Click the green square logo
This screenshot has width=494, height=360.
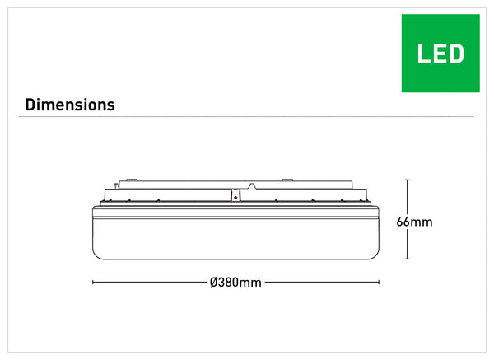[x=440, y=53]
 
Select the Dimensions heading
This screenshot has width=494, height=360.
[x=70, y=105]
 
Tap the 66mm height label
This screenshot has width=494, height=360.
[x=413, y=222]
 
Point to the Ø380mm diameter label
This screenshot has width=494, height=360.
[x=235, y=283]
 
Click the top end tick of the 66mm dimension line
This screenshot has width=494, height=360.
[x=408, y=180]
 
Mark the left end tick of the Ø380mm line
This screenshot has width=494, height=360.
[x=92, y=283]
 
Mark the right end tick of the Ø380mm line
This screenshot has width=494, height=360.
[x=379, y=283]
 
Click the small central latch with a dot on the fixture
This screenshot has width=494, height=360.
[x=235, y=196]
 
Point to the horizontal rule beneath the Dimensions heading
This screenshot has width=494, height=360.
[x=247, y=116]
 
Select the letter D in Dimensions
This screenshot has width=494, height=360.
[x=30, y=105]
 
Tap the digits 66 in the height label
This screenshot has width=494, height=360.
[x=403, y=222]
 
